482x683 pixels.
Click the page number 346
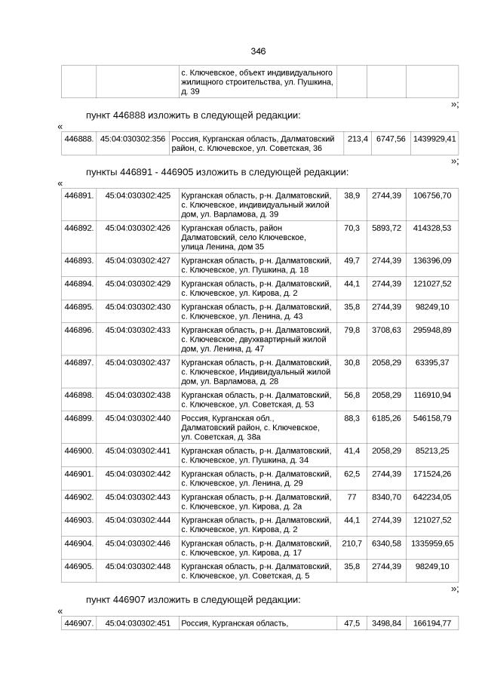coord(258,51)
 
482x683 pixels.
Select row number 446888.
coord(78,139)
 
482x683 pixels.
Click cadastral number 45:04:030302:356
coord(133,139)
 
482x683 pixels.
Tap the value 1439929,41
coord(434,139)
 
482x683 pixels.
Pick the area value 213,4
coord(357,139)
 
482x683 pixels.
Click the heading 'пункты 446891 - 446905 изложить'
coord(216,172)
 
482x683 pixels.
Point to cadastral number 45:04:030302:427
coord(137,260)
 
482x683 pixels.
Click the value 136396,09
coord(432,260)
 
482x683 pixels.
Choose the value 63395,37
coord(432,363)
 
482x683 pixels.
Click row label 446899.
coord(78,418)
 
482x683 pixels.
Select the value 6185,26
coord(386,418)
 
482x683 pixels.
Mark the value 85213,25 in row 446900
coord(432,451)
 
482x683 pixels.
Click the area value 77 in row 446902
coord(352,497)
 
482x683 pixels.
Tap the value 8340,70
coord(386,497)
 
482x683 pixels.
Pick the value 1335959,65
coord(432,543)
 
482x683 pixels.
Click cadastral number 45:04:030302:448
coord(137,566)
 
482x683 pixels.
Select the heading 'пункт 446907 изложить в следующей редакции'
coord(193,599)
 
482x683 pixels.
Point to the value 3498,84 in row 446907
coord(386,623)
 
